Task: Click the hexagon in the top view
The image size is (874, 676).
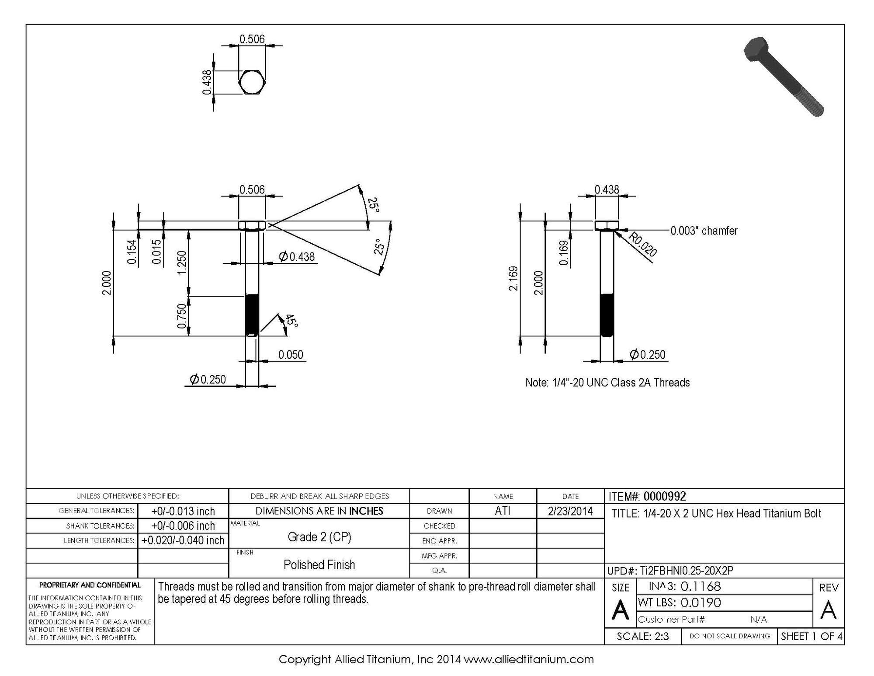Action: point(252,82)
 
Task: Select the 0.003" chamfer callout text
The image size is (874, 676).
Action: point(704,231)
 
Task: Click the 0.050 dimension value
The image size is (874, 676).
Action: point(291,354)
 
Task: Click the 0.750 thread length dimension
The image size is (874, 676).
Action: point(181,316)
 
